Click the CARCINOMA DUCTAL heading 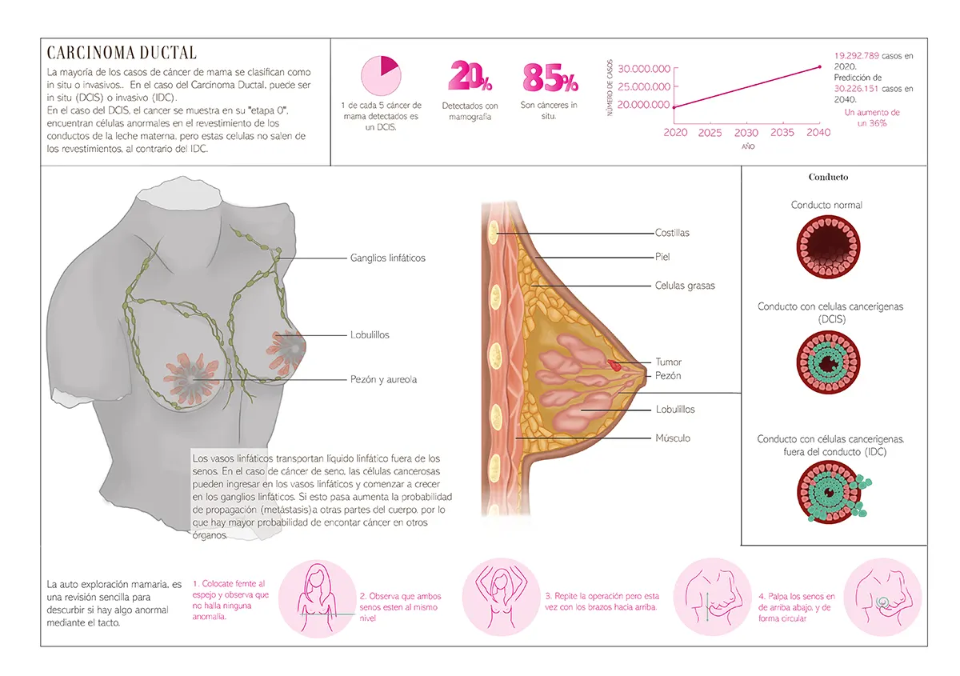122,54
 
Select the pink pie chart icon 381,77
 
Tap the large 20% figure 470,78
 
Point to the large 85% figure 550,78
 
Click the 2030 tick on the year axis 746,133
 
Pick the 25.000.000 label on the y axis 644,86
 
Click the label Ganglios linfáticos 387,258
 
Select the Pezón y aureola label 383,379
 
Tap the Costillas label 672,233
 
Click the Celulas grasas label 685,286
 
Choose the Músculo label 673,438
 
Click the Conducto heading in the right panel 828,177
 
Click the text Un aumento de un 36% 872,118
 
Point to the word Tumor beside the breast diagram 668,362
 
